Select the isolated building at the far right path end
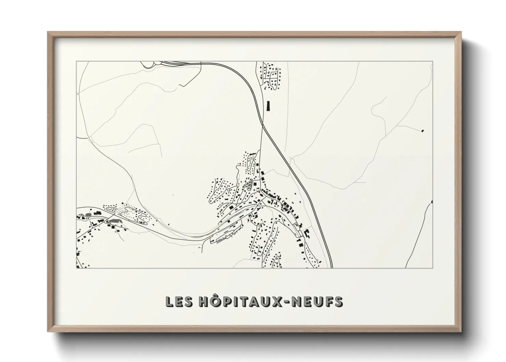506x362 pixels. pyautogui.click(x=423, y=130)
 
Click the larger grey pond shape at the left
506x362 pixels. pyautogui.click(x=114, y=221)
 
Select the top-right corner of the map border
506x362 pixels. pyautogui.click(x=433, y=61)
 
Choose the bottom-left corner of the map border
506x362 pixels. pyautogui.click(x=76, y=268)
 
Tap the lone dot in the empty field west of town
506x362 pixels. pyautogui.click(x=173, y=195)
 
